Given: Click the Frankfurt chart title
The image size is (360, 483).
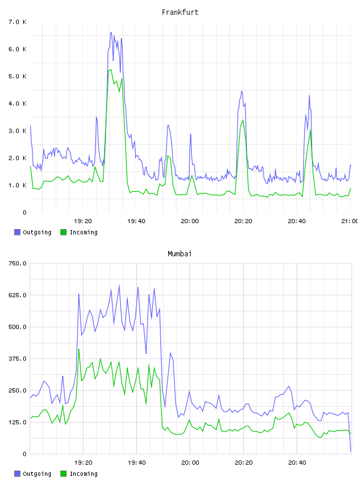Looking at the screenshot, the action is tap(180, 12).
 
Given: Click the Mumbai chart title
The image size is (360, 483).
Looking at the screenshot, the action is tap(179, 254).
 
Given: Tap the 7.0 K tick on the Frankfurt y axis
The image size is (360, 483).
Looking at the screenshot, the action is tap(17, 22).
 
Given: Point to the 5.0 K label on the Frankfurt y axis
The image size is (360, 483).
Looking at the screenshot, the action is tap(17, 76).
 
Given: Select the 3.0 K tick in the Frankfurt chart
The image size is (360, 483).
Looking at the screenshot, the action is tap(17, 131).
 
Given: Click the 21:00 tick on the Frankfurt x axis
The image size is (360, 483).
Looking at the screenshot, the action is tap(349, 221).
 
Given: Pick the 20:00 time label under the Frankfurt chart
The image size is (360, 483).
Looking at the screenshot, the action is tap(189, 221).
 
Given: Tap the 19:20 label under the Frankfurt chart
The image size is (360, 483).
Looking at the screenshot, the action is tap(83, 221).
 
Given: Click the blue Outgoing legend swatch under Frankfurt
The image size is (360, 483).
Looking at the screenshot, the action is tap(17, 232).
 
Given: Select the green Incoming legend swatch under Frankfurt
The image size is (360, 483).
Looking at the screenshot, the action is tap(63, 232).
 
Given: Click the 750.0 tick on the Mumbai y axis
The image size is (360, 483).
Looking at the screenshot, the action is tap(17, 263).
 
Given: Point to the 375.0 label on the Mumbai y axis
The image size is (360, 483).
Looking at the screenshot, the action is tap(17, 359).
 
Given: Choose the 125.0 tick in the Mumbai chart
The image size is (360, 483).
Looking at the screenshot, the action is tap(17, 422).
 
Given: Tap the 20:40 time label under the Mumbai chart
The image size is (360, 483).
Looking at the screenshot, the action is tap(297, 462).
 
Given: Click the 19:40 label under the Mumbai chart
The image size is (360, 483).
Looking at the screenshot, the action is tap(137, 462).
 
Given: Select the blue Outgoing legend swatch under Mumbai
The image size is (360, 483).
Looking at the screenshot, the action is tap(17, 474).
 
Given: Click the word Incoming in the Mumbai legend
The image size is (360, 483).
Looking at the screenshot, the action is tap(83, 474).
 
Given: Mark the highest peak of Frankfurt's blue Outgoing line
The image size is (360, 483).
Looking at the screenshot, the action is tap(111, 32).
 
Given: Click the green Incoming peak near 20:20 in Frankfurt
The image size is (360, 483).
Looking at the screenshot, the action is tap(243, 120).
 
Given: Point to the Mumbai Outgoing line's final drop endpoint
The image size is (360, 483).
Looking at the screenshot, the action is tap(351, 451).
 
